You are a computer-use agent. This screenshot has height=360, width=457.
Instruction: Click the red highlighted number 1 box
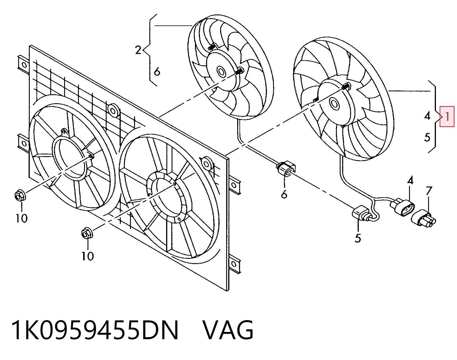point(447,117)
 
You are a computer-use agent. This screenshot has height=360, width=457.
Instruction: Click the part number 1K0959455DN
point(95,331)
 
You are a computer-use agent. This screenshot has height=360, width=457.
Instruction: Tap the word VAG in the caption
point(228,331)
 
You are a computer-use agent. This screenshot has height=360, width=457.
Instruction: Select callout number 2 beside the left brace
point(138,50)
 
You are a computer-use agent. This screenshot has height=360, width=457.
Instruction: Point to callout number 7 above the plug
point(429,191)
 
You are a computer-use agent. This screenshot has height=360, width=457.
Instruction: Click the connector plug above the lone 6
point(286,169)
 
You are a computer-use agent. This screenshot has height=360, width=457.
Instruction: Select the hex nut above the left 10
point(20,195)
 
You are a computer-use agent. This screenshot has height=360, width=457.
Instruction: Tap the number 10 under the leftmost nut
point(22,218)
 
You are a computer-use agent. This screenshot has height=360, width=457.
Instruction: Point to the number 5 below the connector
point(358,238)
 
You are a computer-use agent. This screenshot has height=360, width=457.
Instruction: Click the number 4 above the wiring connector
point(410,180)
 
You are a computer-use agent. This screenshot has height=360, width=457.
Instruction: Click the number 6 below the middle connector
point(284,194)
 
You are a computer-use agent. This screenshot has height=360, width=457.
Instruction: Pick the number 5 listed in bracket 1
point(427,137)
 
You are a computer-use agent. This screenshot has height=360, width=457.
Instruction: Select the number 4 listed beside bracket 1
point(427,116)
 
